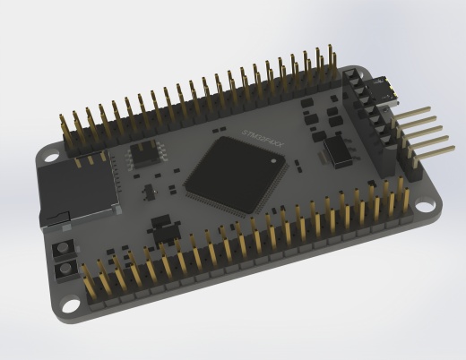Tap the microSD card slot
click(79, 190)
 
